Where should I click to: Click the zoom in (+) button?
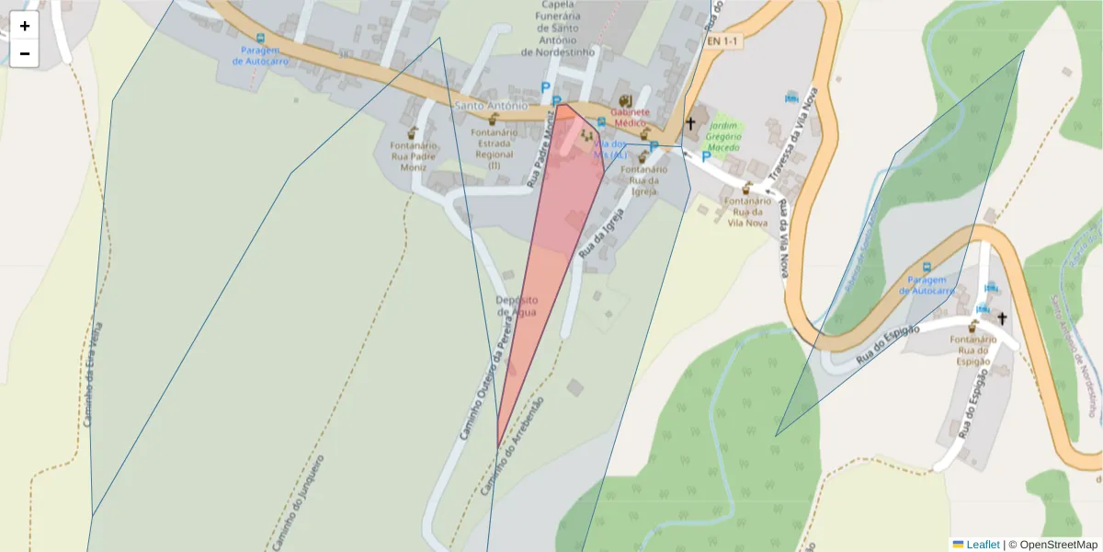(x=25, y=26)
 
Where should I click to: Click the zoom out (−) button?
(x=25, y=53)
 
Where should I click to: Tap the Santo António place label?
(x=491, y=106)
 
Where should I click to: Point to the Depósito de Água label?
(x=517, y=305)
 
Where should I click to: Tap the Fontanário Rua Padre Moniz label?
(x=413, y=156)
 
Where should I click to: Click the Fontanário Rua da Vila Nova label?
(x=746, y=211)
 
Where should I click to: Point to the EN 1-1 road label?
(x=722, y=42)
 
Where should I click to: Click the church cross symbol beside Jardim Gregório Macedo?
(x=690, y=123)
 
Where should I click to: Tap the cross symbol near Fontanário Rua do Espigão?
(x=1002, y=318)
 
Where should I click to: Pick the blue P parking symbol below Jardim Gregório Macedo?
(x=706, y=156)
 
